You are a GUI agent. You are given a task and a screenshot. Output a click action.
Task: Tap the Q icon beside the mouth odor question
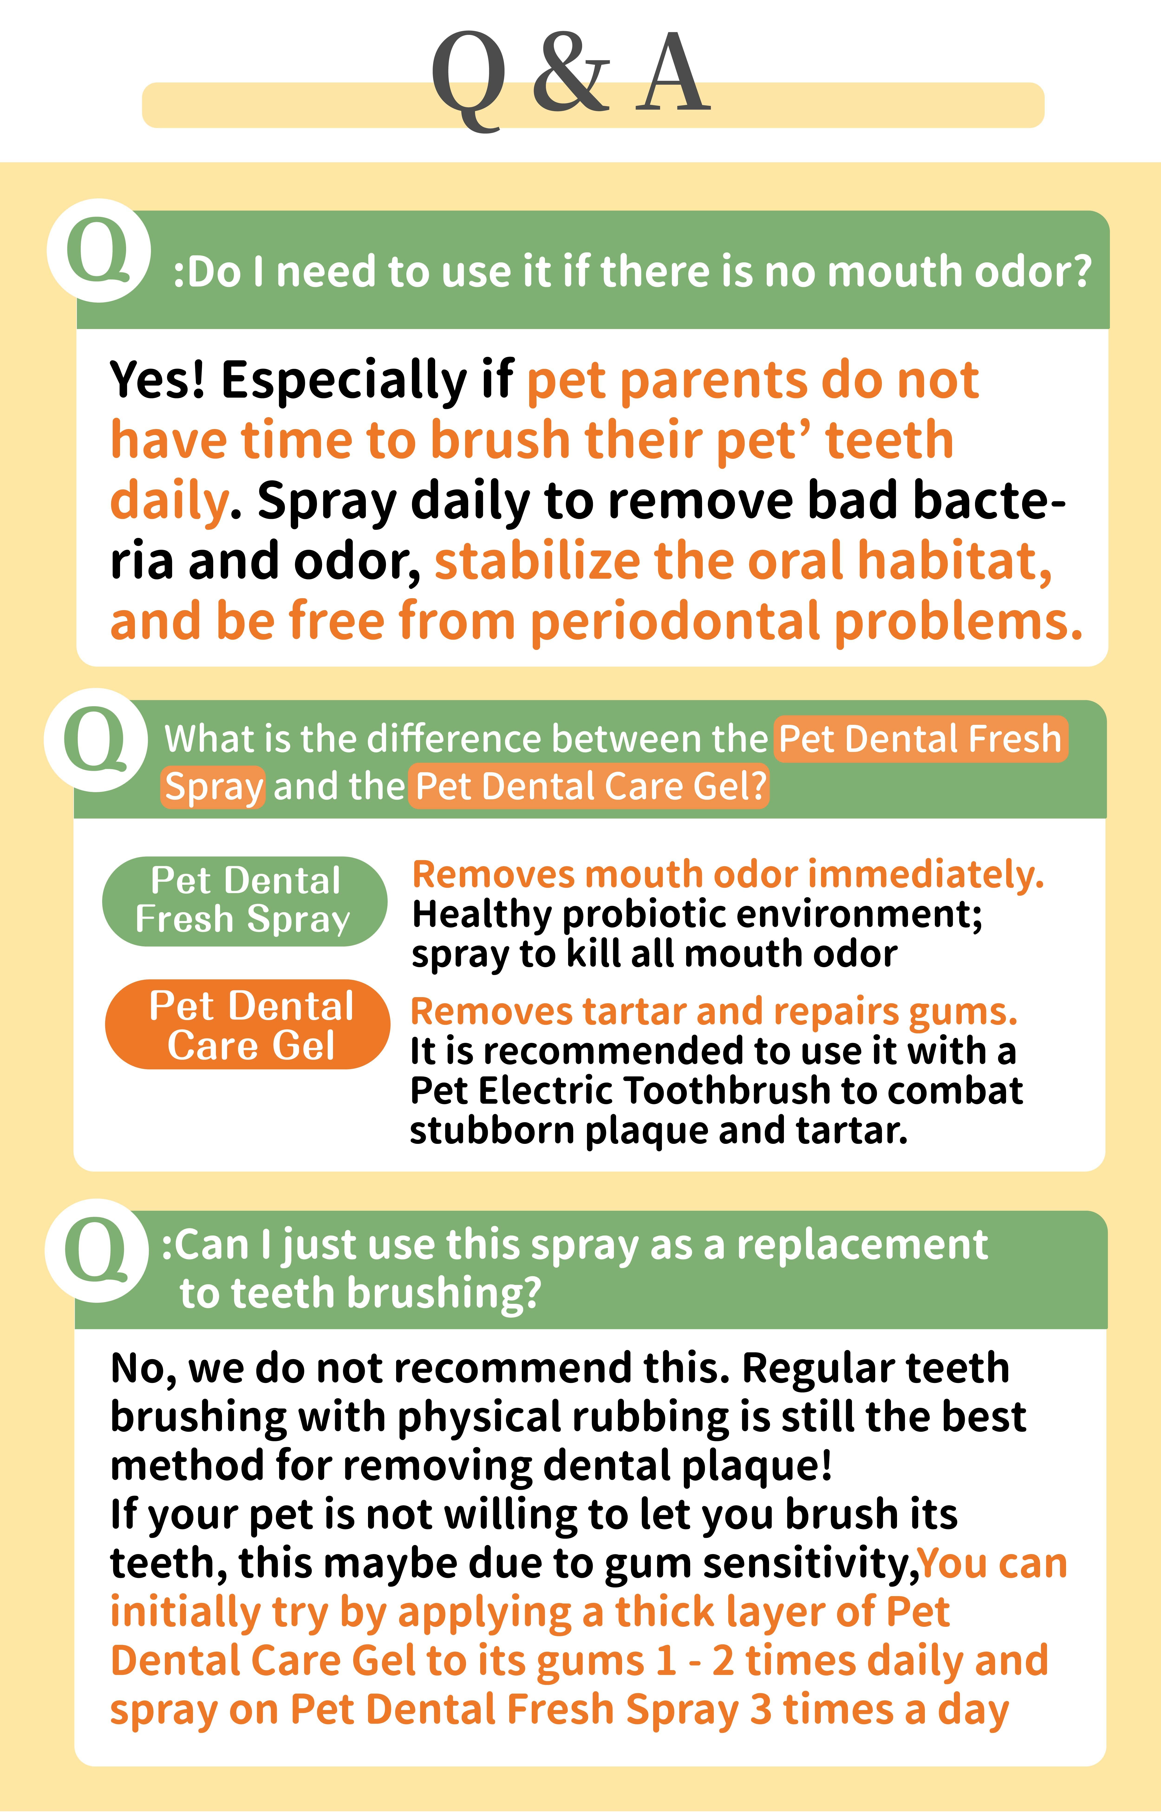pyautogui.click(x=99, y=250)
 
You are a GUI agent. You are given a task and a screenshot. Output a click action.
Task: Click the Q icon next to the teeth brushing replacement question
pyautogui.click(x=97, y=1250)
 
